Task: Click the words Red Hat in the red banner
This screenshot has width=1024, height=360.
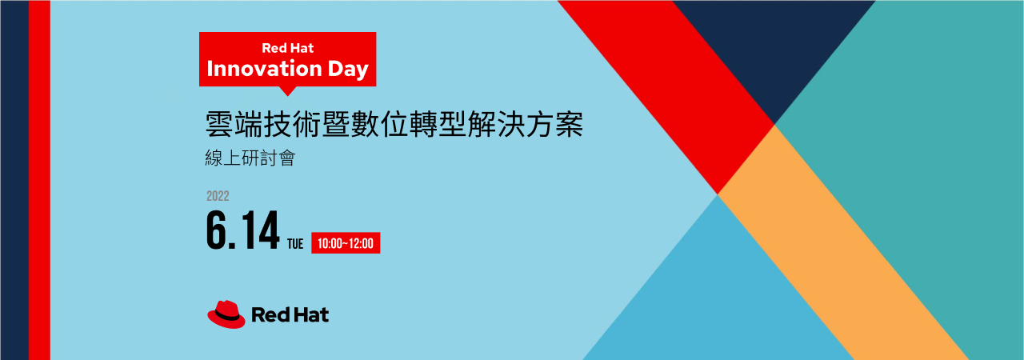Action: point(287,48)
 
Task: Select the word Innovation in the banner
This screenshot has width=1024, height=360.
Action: point(265,69)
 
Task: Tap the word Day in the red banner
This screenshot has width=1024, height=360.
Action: point(348,70)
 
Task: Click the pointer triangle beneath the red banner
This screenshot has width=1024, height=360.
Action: point(287,91)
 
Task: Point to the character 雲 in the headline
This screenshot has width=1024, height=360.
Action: point(219,124)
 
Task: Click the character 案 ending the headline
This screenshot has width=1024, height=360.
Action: point(570,124)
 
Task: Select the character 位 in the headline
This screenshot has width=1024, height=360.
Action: point(394,124)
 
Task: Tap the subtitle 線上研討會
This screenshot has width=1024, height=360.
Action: point(250,158)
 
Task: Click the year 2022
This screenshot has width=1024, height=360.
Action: point(218,196)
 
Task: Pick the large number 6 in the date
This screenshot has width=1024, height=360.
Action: point(217,230)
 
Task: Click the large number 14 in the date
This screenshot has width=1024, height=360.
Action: point(260,230)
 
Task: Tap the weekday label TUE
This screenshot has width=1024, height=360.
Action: point(295,244)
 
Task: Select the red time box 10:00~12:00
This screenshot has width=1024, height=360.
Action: point(346,243)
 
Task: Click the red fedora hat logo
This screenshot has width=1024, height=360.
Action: point(226,314)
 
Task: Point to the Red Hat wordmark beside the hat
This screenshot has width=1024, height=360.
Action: point(290,314)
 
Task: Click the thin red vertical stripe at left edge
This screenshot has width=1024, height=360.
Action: point(39,180)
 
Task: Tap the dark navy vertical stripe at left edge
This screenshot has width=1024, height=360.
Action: point(14,180)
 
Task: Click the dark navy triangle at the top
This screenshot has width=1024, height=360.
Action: point(774,46)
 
